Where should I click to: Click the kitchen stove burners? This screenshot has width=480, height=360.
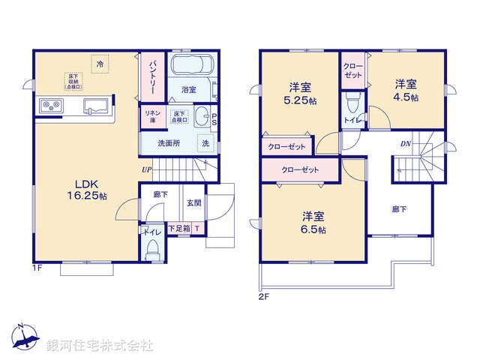pyautogui.click(x=49, y=106)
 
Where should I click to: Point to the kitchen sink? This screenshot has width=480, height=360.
pyautogui.click(x=94, y=106)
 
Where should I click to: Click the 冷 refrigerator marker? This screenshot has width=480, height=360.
pyautogui.click(x=100, y=64)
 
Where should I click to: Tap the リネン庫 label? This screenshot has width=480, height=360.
pyautogui.click(x=149, y=116)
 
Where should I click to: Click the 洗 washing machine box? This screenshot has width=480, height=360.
pyautogui.click(x=205, y=142)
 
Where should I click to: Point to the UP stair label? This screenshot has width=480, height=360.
pyautogui.click(x=146, y=169)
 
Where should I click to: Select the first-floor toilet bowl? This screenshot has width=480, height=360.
pyautogui.click(x=153, y=248)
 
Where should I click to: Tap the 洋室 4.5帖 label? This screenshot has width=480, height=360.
pyautogui.click(x=406, y=91)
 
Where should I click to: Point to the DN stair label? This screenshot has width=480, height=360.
pyautogui.click(x=404, y=143)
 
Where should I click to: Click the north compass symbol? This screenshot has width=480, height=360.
pyautogui.click(x=24, y=338)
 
